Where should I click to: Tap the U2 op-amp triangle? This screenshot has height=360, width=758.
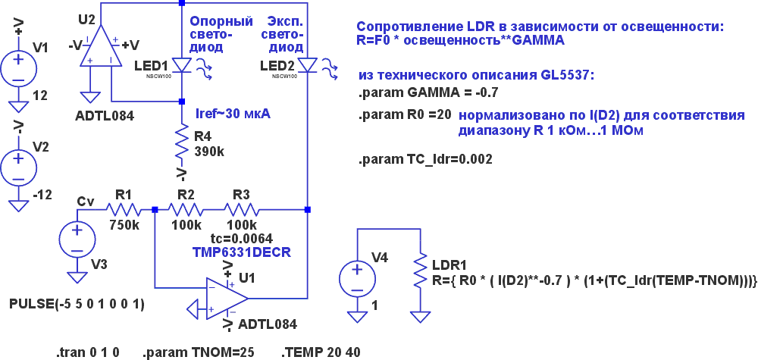(x=101, y=46)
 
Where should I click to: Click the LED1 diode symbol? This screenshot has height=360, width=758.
(x=182, y=65)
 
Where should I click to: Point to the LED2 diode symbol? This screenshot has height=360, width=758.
(x=308, y=65)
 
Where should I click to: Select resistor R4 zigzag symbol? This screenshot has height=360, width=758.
(x=182, y=142)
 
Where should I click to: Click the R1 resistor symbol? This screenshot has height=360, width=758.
(x=124, y=210)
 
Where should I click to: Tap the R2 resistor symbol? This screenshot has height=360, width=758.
(x=186, y=210)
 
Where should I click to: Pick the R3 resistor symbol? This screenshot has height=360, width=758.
(x=241, y=210)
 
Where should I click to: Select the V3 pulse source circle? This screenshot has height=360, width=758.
(x=77, y=240)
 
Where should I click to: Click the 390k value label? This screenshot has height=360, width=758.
(x=209, y=152)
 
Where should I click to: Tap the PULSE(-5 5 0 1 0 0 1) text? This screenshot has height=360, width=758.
(x=77, y=305)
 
